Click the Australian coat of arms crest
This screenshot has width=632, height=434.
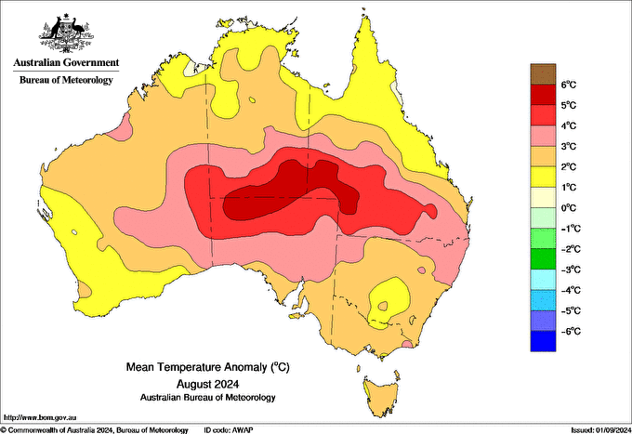tap(65, 34)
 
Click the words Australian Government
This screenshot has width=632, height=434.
tap(65, 63)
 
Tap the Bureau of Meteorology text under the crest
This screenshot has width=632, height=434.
tap(65, 81)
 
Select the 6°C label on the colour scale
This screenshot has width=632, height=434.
tap(570, 85)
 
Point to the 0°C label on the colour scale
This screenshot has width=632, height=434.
tap(570, 207)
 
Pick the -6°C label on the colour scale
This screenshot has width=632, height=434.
tap(570, 331)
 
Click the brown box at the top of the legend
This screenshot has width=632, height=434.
tap(542, 74)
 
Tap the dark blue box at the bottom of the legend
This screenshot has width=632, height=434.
tap(542, 341)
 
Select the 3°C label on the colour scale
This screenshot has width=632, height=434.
tap(570, 146)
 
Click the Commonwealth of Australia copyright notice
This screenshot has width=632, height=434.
tap(93, 429)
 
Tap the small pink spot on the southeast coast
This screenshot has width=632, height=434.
tap(407, 346)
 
